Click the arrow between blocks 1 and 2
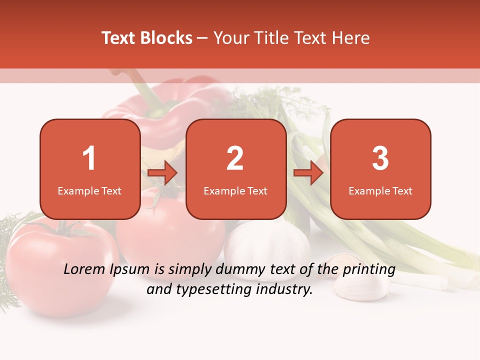point(163,173)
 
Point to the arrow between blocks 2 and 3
point(308,173)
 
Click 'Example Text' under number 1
point(89,190)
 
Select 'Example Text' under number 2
point(235,190)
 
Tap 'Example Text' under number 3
point(380,190)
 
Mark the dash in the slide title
point(203,38)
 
